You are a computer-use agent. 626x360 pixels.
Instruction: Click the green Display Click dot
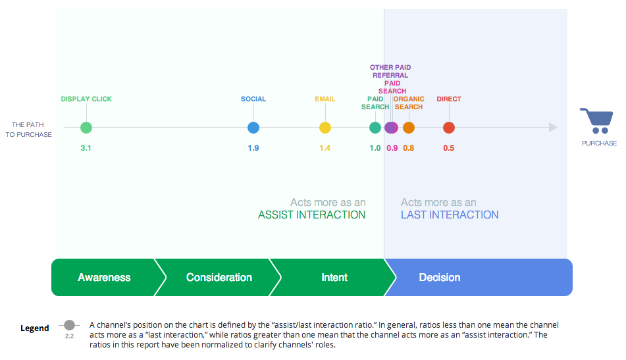86,128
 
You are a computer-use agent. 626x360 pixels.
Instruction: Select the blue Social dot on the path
253,128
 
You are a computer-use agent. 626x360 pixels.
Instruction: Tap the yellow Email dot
325,128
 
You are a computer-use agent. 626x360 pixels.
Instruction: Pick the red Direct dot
449,128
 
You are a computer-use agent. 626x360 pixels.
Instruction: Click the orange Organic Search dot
408,128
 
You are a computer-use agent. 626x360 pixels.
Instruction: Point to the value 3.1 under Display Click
86,148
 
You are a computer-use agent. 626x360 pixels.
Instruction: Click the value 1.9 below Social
253,148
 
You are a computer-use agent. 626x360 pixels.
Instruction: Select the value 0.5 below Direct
449,148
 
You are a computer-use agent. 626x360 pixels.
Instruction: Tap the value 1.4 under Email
325,148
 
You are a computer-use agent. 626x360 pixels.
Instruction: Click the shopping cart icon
598,120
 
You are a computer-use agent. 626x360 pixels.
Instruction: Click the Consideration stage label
219,277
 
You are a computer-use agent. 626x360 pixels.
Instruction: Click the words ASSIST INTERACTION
311,215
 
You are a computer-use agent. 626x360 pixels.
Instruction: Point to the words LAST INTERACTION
450,215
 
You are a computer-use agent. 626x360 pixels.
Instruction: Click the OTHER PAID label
390,67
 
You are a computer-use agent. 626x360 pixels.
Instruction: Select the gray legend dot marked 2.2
70,325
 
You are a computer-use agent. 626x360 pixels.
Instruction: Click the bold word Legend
35,328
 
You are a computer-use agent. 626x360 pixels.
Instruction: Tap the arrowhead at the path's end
554,127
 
